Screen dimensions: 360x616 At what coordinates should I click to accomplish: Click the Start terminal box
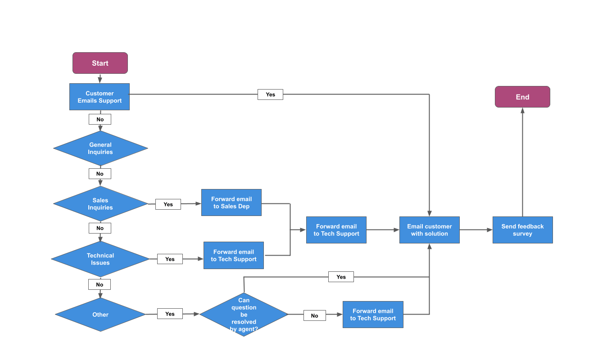pyautogui.click(x=100, y=63)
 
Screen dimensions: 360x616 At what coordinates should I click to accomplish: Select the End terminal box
pyautogui.click(x=522, y=97)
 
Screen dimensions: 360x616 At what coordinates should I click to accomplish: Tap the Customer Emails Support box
pyautogui.click(x=100, y=97)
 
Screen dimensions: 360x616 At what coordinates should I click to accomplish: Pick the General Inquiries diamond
pyautogui.click(x=100, y=148)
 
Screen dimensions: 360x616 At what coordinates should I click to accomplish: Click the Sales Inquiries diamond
pyautogui.click(x=100, y=204)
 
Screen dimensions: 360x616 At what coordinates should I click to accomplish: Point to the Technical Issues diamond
pyautogui.click(x=100, y=259)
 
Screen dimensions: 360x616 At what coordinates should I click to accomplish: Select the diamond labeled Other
pyautogui.click(x=100, y=315)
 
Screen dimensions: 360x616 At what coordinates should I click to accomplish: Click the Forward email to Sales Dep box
pyautogui.click(x=231, y=202)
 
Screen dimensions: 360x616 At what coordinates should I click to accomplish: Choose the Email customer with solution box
pyautogui.click(x=429, y=230)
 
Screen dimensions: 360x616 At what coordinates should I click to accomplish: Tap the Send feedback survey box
pyautogui.click(x=522, y=230)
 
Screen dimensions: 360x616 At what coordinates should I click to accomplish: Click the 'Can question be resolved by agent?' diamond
pyautogui.click(x=244, y=315)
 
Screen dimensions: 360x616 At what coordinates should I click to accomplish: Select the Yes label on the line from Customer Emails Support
pyautogui.click(x=270, y=94)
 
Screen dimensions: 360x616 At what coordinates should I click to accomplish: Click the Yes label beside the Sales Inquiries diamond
pyautogui.click(x=168, y=204)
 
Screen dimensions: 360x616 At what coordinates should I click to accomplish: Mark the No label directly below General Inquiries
pyautogui.click(x=100, y=174)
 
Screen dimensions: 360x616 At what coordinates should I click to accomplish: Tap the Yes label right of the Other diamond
pyautogui.click(x=170, y=314)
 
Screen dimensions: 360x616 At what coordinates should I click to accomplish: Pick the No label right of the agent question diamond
pyautogui.click(x=314, y=315)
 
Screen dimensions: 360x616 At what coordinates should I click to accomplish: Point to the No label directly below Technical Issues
pyautogui.click(x=100, y=284)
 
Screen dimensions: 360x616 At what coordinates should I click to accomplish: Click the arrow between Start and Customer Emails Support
pyautogui.click(x=100, y=79)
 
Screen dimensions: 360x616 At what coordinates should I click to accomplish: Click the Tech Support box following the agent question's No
pyautogui.click(x=373, y=315)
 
